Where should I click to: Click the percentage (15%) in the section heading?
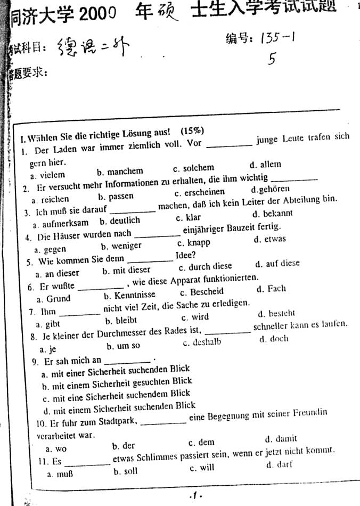192,130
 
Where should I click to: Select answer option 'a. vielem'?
47,174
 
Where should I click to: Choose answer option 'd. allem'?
265,165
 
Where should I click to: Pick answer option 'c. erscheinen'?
200,192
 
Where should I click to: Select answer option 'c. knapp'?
193,243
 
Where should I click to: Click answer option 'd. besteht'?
275,314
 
